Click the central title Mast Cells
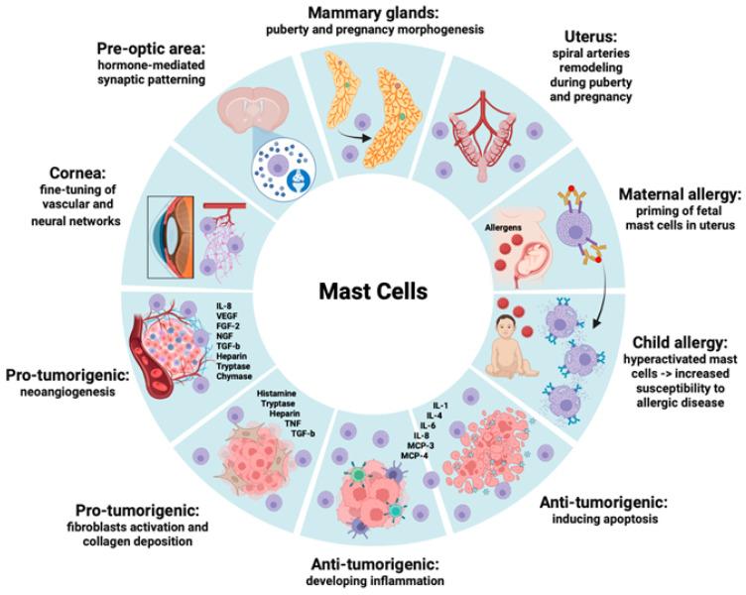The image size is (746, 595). [x=373, y=294]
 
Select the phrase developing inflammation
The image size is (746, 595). [x=372, y=581]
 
